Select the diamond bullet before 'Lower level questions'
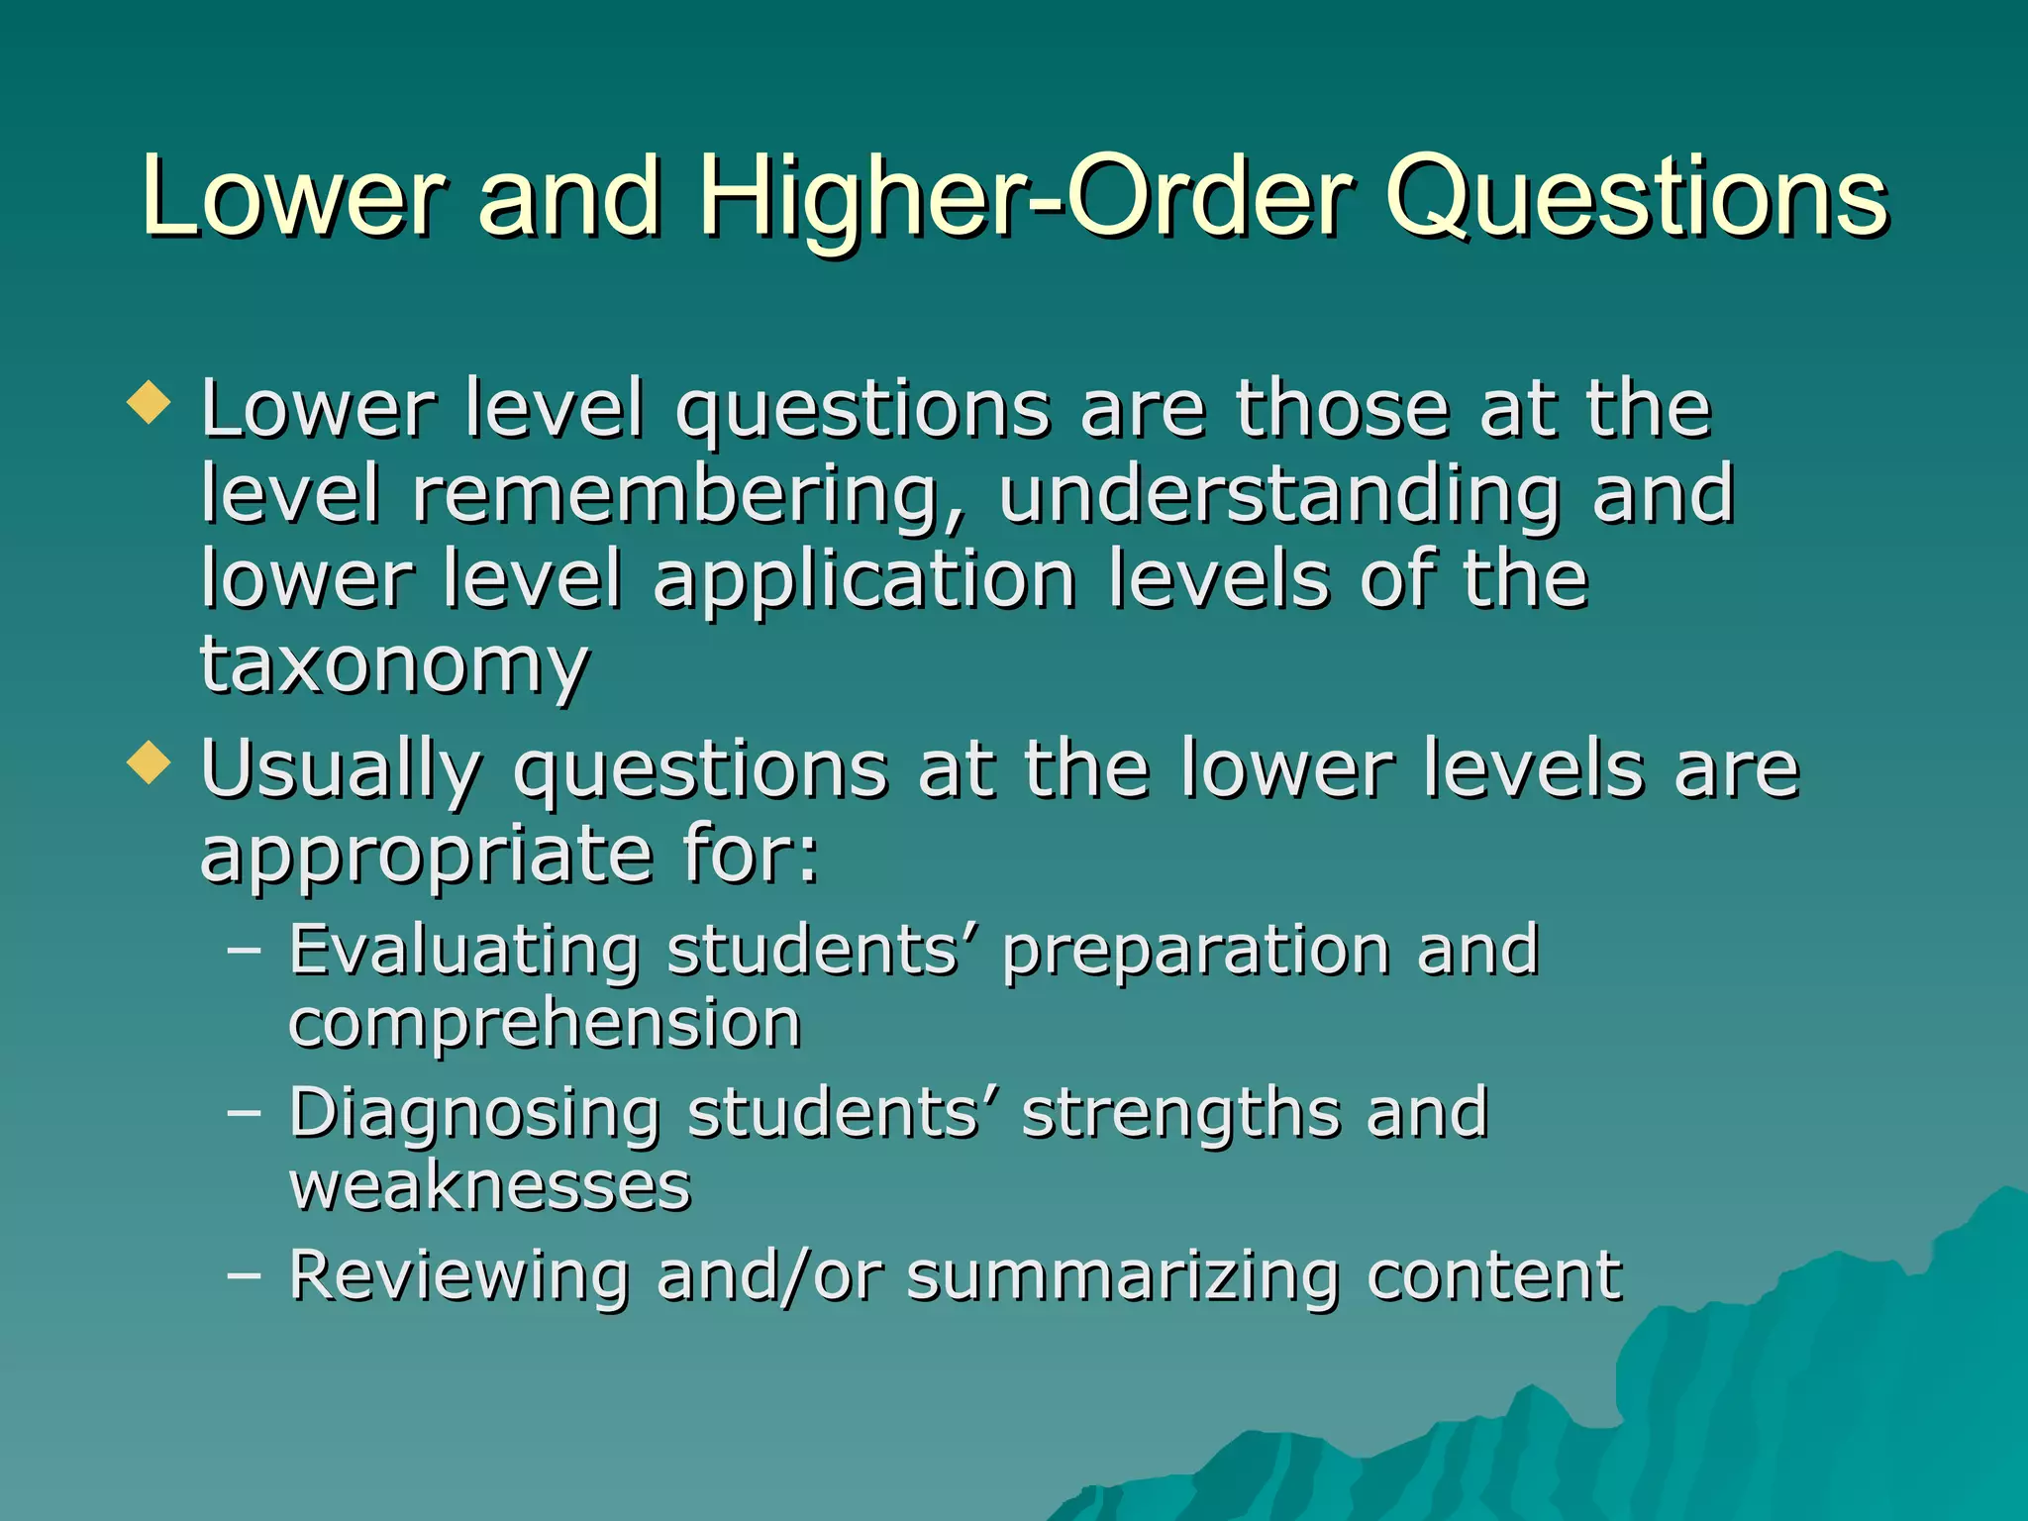[x=150, y=403]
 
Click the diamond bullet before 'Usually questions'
[x=150, y=762]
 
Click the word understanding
[x=1278, y=495]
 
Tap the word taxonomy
[x=394, y=665]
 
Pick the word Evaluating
[x=463, y=952]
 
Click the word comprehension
[x=545, y=1026]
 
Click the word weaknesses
[x=490, y=1185]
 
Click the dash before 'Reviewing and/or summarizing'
[x=244, y=1274]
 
